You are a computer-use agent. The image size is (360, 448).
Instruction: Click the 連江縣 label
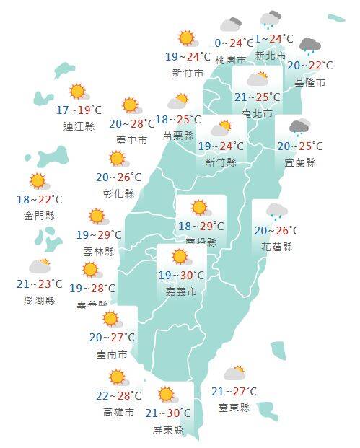click(79, 127)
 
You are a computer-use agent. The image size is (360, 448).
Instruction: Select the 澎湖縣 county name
click(40, 300)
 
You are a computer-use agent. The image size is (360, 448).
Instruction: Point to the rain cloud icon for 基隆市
click(310, 48)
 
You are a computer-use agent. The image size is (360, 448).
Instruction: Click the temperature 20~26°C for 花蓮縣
click(277, 232)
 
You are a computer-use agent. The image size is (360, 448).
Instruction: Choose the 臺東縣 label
click(234, 408)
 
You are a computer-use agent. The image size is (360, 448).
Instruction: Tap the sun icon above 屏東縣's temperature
click(167, 395)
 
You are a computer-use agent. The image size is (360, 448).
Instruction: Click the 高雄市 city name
click(118, 413)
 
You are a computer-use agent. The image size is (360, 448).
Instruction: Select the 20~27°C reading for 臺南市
click(113, 338)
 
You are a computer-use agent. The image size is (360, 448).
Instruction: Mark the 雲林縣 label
click(99, 252)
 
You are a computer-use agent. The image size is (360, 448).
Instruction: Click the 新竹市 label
click(186, 73)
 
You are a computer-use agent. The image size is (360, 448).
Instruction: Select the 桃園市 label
click(229, 59)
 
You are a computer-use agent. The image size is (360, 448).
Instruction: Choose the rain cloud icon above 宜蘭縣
click(299, 129)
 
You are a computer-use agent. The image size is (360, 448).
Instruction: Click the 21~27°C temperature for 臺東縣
click(234, 392)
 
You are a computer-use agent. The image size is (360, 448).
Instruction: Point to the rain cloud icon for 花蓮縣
click(276, 211)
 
